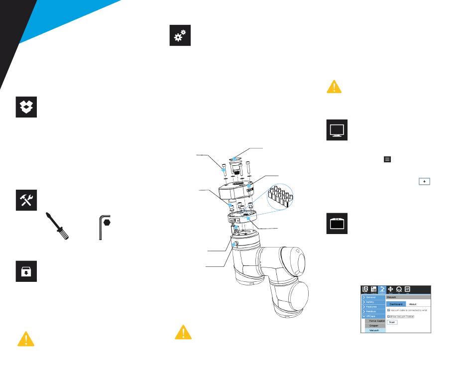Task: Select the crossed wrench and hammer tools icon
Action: pyautogui.click(x=26, y=200)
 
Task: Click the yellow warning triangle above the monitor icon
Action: pyautogui.click(x=334, y=86)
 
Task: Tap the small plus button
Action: pyautogui.click(x=424, y=182)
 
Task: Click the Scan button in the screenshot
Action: pyautogui.click(x=392, y=322)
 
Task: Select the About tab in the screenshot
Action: pyautogui.click(x=413, y=304)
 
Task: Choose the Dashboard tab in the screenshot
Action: pyautogui.click(x=396, y=304)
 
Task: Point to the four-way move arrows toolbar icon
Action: pyautogui.click(x=391, y=289)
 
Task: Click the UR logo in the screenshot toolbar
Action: pyautogui.click(x=365, y=289)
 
